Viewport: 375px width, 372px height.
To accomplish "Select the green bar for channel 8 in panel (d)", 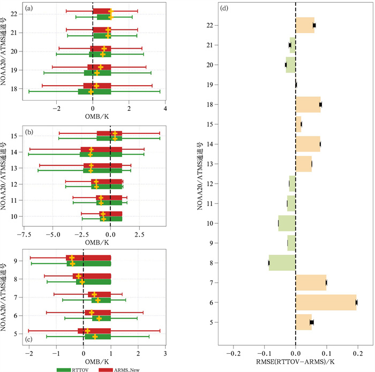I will pyautogui.click(x=282, y=263).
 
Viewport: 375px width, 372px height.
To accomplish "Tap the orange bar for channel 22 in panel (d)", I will pyautogui.click(x=305, y=25).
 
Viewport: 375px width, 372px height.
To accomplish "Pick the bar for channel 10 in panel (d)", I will pyautogui.click(x=287, y=223).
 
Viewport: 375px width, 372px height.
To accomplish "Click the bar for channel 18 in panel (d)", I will pyautogui.click(x=308, y=104).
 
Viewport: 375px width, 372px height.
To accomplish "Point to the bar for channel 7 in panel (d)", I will pyautogui.click(x=311, y=283).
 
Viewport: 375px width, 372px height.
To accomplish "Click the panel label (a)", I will pyautogui.click(x=16, y=7).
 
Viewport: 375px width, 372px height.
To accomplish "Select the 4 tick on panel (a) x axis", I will pyautogui.click(x=166, y=109).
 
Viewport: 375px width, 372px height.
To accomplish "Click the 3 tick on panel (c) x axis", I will pyautogui.click(x=166, y=353).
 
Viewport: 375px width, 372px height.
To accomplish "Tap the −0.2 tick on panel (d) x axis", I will pyautogui.click(x=233, y=354).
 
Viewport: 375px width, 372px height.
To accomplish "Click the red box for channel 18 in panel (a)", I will pyautogui.click(x=97, y=86).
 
